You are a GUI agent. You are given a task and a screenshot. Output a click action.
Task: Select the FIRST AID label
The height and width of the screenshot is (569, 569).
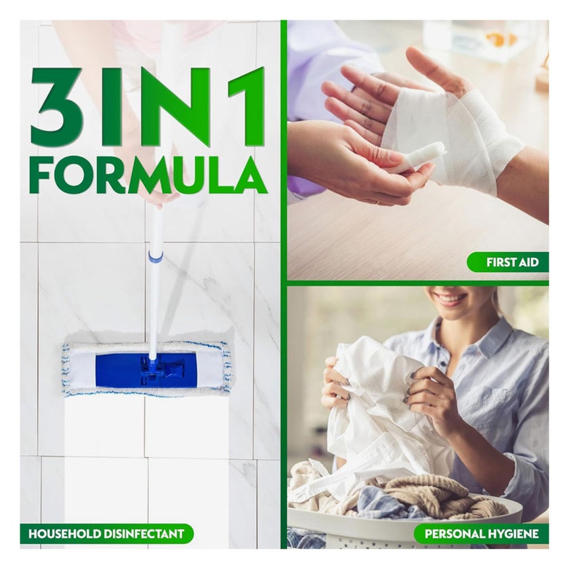507,262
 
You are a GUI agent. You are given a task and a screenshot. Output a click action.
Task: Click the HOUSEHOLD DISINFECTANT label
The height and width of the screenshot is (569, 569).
106,534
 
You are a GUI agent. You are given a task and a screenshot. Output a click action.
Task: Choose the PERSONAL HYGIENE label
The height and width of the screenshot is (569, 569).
481,534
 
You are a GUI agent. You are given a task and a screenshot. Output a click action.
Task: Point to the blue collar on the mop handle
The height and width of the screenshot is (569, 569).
156,257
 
